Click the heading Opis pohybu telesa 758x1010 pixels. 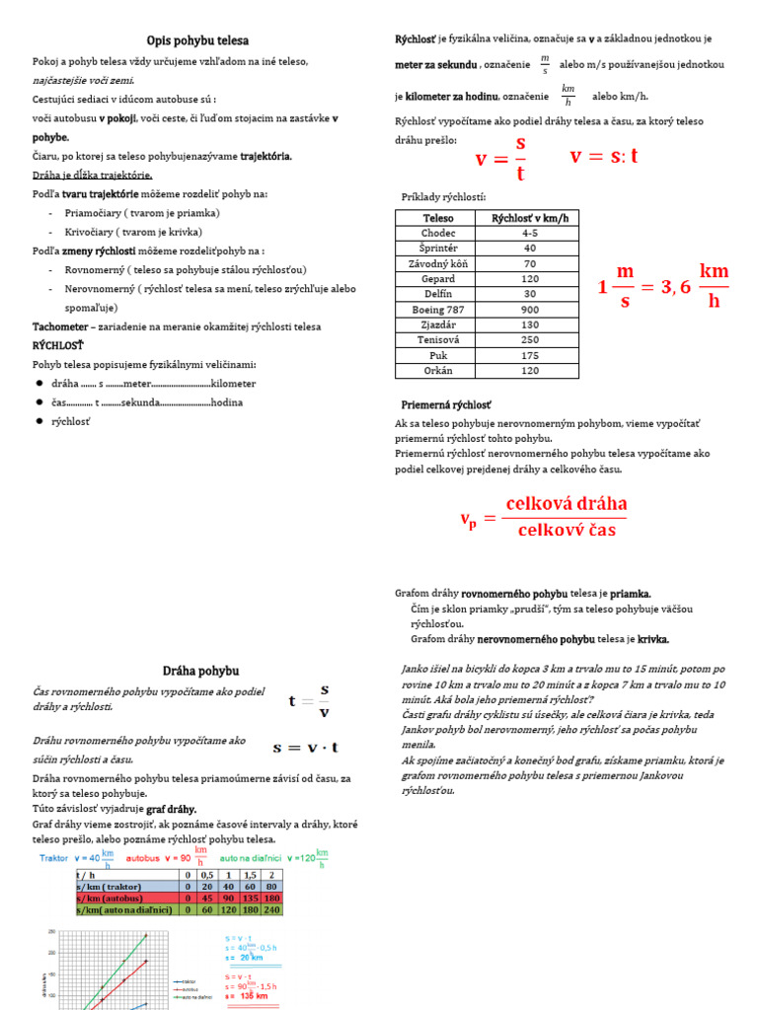click(x=197, y=40)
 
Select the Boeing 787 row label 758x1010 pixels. click(x=438, y=308)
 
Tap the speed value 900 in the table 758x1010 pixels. click(x=530, y=308)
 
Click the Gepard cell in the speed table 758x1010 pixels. click(x=438, y=279)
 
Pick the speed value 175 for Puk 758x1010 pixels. click(x=530, y=355)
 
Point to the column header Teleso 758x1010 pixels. click(x=438, y=218)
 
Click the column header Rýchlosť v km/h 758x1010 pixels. click(x=530, y=218)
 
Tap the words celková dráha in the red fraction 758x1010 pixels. click(x=566, y=504)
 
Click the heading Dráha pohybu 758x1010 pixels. click(x=200, y=670)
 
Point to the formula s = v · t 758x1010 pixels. click(x=306, y=748)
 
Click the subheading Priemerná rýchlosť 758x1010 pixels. click(x=446, y=405)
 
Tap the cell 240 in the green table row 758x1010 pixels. click(x=272, y=910)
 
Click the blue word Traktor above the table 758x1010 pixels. click(x=53, y=858)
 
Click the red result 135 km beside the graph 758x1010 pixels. click(x=247, y=996)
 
